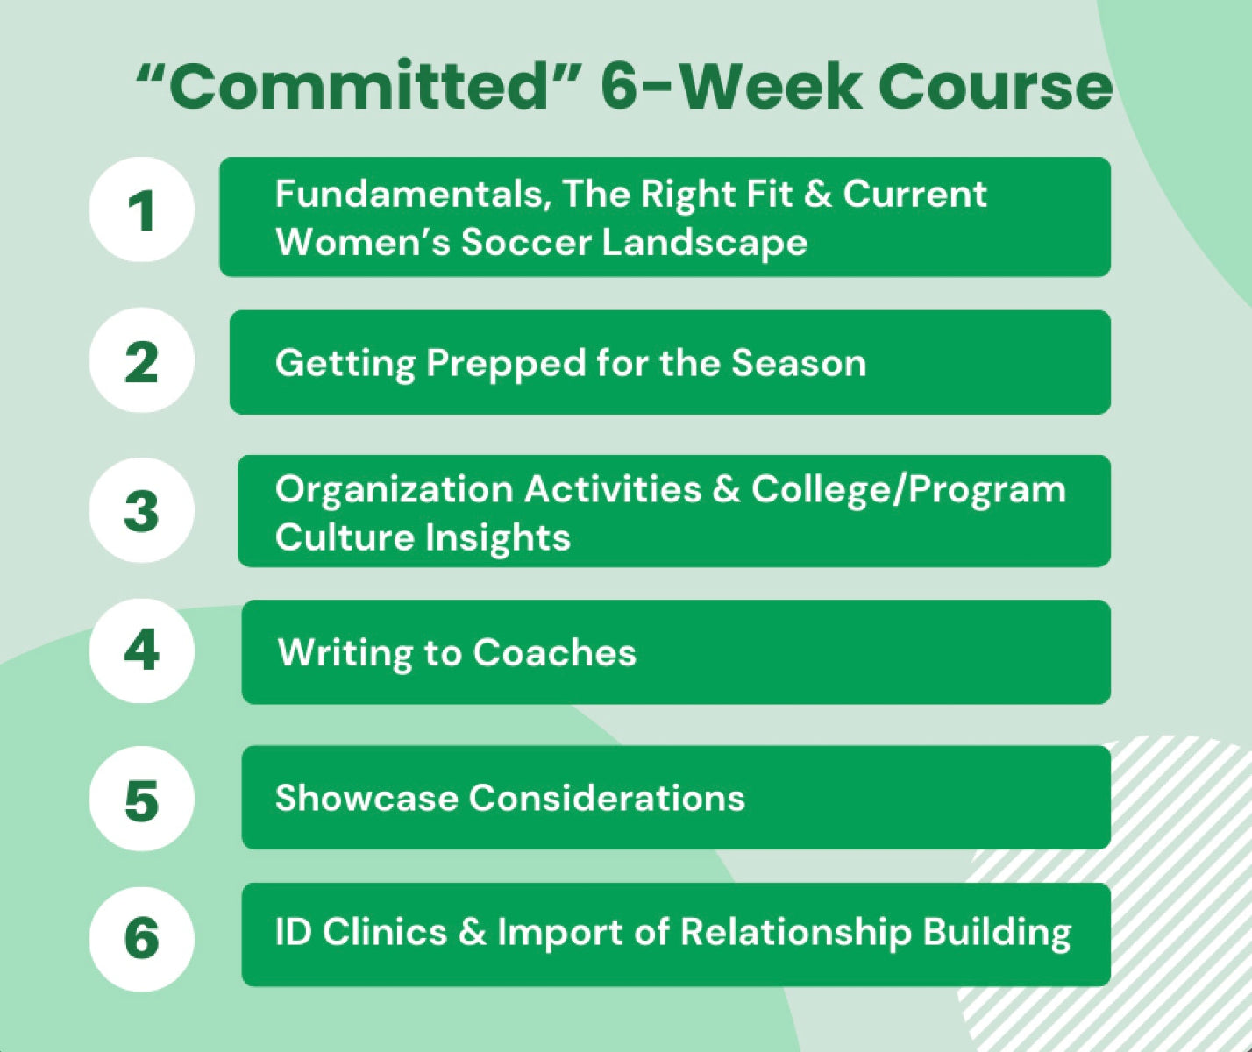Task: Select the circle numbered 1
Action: (x=141, y=210)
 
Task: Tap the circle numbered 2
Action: (x=141, y=360)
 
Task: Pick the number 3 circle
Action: (x=141, y=510)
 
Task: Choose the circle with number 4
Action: (x=141, y=650)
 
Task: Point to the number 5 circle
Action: (x=141, y=799)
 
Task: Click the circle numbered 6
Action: (x=141, y=938)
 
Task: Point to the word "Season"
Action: (x=799, y=363)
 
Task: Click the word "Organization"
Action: (x=394, y=490)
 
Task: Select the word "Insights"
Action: (x=498, y=537)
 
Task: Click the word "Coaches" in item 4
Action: (x=555, y=652)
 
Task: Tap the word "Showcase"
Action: (x=366, y=799)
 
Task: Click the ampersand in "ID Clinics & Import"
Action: (x=473, y=932)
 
